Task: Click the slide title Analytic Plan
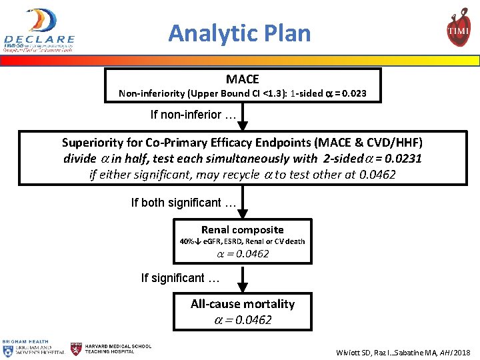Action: coord(239,33)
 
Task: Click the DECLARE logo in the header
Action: coord(39,31)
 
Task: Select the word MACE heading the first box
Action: coord(242,79)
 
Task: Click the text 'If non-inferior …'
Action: coord(193,115)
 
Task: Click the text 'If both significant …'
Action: coord(184,203)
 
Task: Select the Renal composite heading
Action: coord(242,229)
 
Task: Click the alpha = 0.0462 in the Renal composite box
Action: coord(242,254)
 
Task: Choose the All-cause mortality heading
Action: coord(242,304)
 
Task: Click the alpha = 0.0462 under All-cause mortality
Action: coord(242,320)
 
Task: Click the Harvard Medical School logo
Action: coord(111,349)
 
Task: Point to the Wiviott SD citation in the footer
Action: coord(403,351)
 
